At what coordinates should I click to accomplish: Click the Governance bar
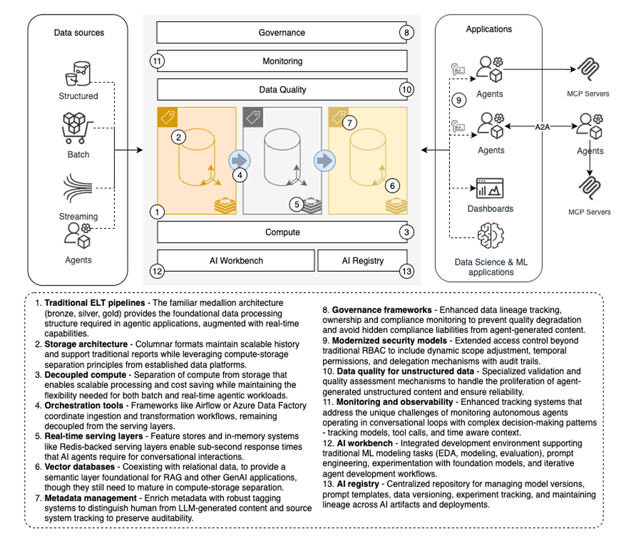tap(281, 33)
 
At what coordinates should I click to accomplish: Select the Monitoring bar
tap(281, 61)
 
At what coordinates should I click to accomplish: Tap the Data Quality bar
tap(281, 90)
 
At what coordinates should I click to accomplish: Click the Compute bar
tap(281, 232)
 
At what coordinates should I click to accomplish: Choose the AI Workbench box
tap(235, 260)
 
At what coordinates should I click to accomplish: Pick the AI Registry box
tap(362, 260)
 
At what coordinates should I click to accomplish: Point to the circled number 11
tap(157, 61)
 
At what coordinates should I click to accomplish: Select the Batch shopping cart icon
tap(78, 129)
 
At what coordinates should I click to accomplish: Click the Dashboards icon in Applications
tap(490, 188)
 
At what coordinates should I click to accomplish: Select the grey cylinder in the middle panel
tap(281, 158)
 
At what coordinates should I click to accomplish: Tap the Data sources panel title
tap(78, 32)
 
